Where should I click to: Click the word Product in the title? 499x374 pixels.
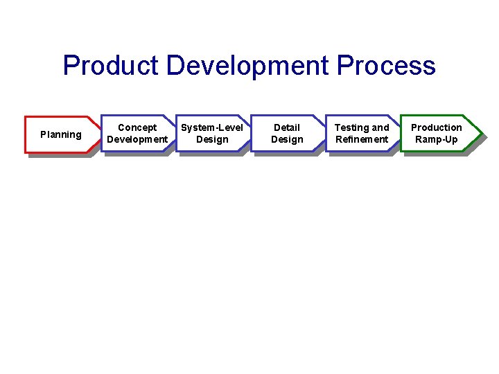click(112, 66)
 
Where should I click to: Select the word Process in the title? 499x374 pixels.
click(385, 66)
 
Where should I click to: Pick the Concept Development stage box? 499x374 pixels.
click(137, 133)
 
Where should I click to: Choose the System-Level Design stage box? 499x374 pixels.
click(212, 133)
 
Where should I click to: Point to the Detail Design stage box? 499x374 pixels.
click(287, 133)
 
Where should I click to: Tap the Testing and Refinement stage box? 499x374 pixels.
click(362, 133)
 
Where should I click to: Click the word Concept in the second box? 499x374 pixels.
click(137, 127)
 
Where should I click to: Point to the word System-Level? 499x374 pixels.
click(212, 127)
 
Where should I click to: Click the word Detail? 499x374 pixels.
click(287, 127)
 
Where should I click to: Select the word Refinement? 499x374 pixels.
click(362, 139)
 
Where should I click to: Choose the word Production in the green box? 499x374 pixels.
click(437, 127)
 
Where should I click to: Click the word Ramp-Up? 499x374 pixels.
click(437, 139)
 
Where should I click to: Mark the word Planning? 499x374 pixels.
click(61, 134)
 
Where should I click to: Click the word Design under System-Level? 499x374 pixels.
click(212, 139)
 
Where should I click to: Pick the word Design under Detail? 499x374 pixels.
click(287, 139)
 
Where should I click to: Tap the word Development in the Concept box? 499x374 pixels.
click(137, 139)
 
